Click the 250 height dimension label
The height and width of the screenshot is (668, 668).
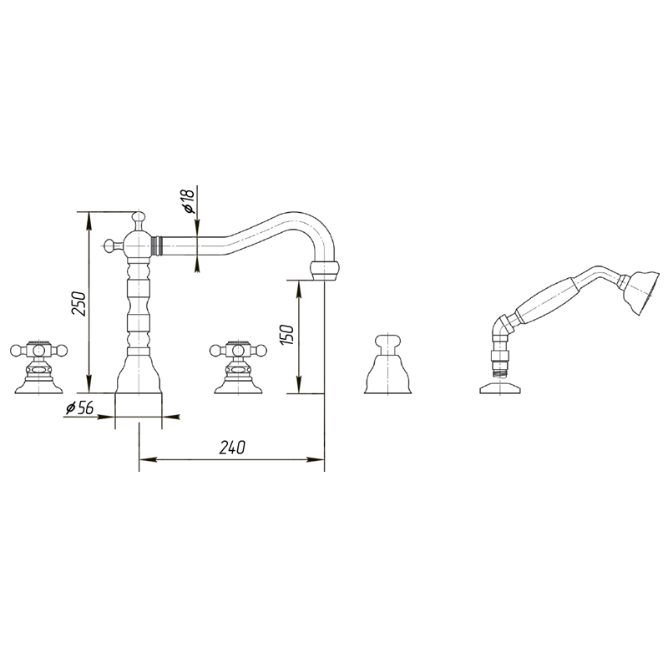point(78,304)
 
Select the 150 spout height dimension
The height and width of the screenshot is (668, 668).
point(287,335)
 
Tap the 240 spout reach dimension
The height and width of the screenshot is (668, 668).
point(232,448)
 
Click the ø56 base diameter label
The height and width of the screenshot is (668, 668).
point(79,408)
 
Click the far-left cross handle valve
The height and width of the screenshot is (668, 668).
point(38,367)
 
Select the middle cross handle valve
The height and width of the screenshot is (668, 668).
point(239,367)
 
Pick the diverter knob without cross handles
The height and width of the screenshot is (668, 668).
point(388,364)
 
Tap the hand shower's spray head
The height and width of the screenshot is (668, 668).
point(640,293)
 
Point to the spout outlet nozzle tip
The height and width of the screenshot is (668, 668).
point(326,271)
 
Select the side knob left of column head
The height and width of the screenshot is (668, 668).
point(112,245)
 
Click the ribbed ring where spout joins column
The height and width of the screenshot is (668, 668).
point(157,245)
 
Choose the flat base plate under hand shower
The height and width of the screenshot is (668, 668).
point(499,387)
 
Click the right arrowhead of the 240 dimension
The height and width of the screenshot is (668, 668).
point(316,460)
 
